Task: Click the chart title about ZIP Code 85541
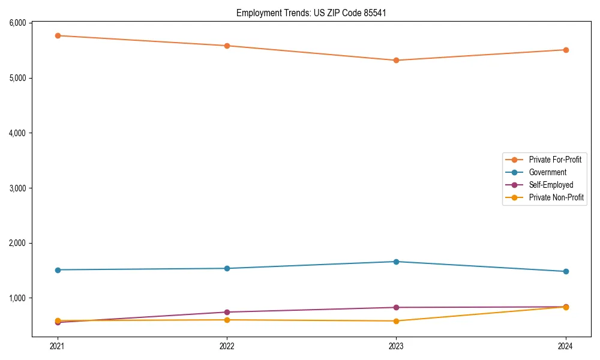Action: (x=311, y=13)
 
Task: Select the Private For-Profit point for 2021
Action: (x=58, y=36)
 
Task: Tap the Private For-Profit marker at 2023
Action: (x=396, y=61)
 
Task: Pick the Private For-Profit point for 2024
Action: (x=566, y=50)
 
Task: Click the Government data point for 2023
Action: (x=396, y=262)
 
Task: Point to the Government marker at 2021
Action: (x=58, y=270)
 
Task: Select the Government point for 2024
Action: (x=566, y=272)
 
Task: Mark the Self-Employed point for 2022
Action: (x=227, y=312)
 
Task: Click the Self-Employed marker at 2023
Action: (x=396, y=308)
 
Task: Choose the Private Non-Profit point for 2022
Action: (x=227, y=320)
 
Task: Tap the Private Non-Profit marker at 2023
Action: (x=396, y=321)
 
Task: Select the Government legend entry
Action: (x=547, y=172)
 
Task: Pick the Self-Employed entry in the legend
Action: (x=551, y=185)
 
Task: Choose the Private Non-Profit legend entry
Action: (x=556, y=197)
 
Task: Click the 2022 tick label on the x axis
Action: (x=227, y=346)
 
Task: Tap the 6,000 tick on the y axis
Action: (x=17, y=23)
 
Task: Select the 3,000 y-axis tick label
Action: (x=17, y=188)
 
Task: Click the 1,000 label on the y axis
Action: (x=17, y=298)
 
